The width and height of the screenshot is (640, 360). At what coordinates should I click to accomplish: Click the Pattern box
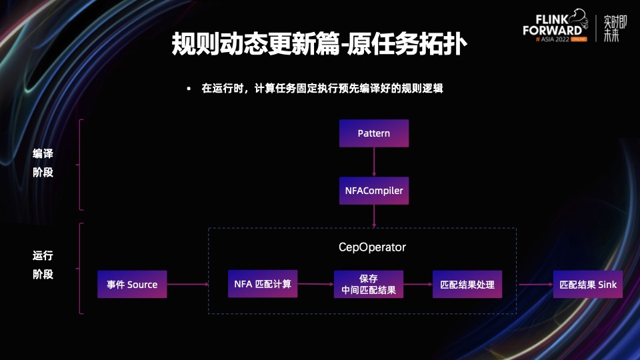pyautogui.click(x=373, y=133)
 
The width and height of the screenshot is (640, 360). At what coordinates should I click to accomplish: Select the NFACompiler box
pyautogui.click(x=373, y=191)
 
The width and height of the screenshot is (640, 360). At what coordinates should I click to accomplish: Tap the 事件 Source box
pyautogui.click(x=132, y=285)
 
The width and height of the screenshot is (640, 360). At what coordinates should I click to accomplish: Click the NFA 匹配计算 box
pyautogui.click(x=263, y=284)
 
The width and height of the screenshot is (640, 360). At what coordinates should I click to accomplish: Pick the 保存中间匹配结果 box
pyautogui.click(x=369, y=284)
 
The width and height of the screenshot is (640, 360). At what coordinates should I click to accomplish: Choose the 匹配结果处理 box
pyautogui.click(x=467, y=285)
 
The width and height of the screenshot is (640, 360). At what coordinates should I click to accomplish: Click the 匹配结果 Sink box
pyautogui.click(x=588, y=285)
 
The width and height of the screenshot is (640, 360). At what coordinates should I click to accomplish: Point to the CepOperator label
pyautogui.click(x=372, y=247)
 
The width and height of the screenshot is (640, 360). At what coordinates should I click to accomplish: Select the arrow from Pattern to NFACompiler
pyautogui.click(x=374, y=162)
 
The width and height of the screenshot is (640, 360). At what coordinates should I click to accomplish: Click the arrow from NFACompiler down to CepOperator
pyautogui.click(x=374, y=216)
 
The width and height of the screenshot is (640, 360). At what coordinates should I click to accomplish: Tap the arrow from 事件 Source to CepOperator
pyautogui.click(x=187, y=285)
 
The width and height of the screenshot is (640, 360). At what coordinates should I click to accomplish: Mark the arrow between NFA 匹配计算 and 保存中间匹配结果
pyautogui.click(x=315, y=285)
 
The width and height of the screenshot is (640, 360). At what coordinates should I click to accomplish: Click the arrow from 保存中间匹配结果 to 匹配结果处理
pyautogui.click(x=417, y=285)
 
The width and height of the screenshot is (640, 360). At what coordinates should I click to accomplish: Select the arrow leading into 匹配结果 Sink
pyautogui.click(x=535, y=285)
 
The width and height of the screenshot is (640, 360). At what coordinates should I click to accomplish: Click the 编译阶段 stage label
pyautogui.click(x=43, y=163)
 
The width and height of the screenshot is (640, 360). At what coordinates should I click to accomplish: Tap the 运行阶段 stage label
pyautogui.click(x=43, y=265)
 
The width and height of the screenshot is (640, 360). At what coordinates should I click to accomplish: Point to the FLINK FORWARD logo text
pyautogui.click(x=552, y=26)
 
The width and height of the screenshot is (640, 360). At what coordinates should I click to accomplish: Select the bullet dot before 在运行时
pyautogui.click(x=189, y=89)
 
